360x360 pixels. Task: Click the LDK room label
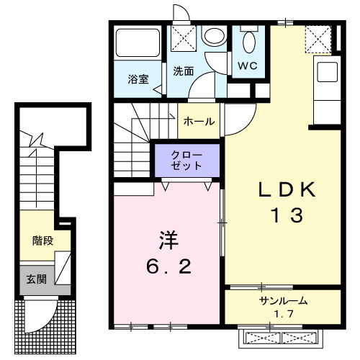tap(287, 190)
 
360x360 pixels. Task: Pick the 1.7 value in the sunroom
tap(282, 315)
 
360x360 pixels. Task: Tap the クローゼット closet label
tap(186, 160)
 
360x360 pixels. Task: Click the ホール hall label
tap(199, 122)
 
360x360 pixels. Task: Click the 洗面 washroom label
tap(184, 71)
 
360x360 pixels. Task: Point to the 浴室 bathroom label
tap(139, 79)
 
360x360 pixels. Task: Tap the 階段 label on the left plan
tap(42, 240)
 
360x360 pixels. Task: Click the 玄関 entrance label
tap(37, 279)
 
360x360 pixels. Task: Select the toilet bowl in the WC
tap(250, 41)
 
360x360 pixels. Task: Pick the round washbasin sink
tap(213, 35)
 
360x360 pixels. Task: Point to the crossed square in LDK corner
tap(317, 38)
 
